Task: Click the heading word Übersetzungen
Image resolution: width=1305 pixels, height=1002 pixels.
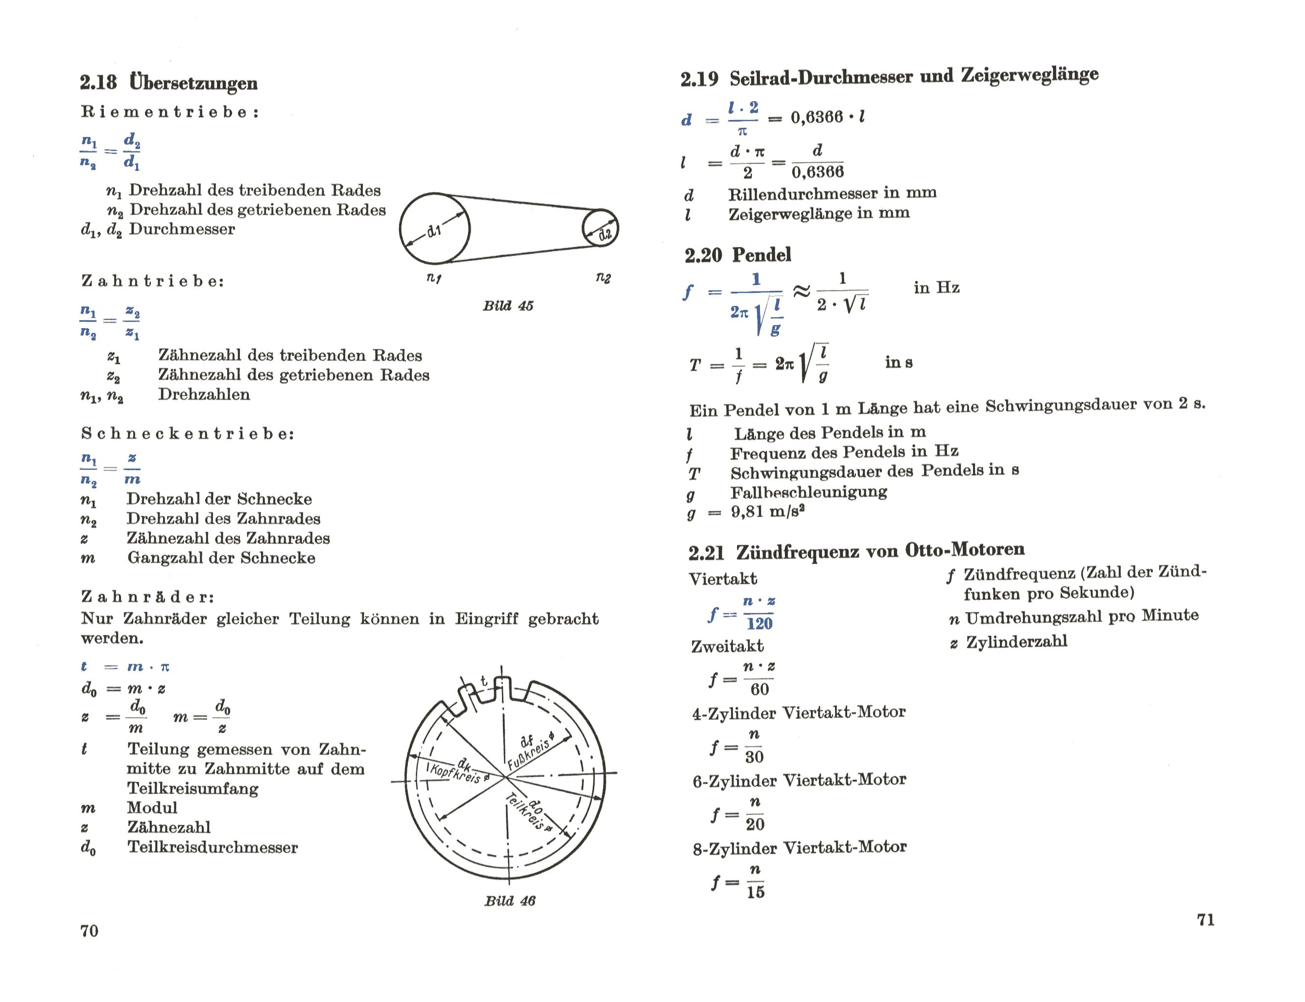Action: pos(193,82)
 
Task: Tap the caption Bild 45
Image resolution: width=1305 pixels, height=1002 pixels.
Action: pos(508,306)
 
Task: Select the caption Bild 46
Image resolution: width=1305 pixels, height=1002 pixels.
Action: pos(509,901)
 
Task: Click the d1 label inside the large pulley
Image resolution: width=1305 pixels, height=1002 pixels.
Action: pos(434,230)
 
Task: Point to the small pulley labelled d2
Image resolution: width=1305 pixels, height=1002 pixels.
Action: pos(600,228)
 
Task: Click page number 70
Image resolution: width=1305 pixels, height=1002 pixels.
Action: pos(90,931)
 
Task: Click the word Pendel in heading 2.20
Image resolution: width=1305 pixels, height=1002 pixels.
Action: pos(761,255)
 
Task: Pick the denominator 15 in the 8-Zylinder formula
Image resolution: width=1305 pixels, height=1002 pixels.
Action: pos(755,892)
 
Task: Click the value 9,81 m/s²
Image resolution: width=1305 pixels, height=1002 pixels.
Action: pos(768,512)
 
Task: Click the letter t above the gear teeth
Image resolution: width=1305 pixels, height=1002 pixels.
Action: pos(484,681)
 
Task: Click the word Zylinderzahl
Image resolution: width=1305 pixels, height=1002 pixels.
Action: pos(1016,642)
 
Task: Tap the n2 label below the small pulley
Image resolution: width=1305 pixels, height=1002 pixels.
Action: pos(603,278)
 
